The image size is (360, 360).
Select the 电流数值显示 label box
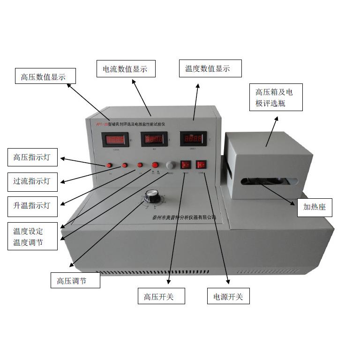pyautogui.click(x=125, y=69)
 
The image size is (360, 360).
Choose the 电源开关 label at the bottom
pyautogui.click(x=228, y=296)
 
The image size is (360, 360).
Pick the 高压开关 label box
pyautogui.click(x=161, y=296)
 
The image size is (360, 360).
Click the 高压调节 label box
pyautogui.click(x=75, y=280)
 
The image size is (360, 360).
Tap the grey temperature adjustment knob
pyautogui.click(x=170, y=165)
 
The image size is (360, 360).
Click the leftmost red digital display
pyautogui.click(x=116, y=139)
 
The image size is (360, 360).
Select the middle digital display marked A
pyautogui.click(x=154, y=139)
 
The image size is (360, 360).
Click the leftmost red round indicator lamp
pyautogui.click(x=109, y=165)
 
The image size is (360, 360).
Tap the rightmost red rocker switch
pyautogui.click(x=201, y=165)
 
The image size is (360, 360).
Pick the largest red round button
pyautogui.click(x=155, y=165)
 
